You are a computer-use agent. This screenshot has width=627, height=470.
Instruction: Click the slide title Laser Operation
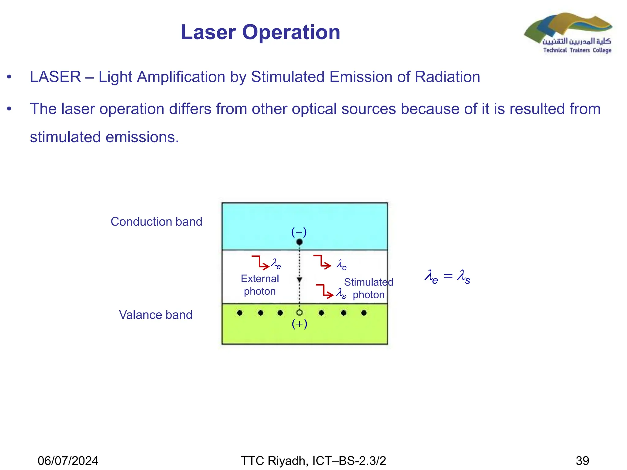click(260, 32)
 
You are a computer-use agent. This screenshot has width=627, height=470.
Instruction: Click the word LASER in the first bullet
click(55, 77)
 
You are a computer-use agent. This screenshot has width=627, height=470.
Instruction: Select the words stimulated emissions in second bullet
click(104, 137)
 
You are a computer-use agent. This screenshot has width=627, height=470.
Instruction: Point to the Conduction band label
click(156, 222)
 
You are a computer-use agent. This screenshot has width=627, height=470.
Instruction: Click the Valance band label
click(156, 315)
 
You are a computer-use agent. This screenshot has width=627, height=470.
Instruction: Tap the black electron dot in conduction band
click(299, 242)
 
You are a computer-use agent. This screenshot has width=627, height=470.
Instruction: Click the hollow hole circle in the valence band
click(299, 312)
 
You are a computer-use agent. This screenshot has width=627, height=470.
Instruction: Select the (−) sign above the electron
click(299, 232)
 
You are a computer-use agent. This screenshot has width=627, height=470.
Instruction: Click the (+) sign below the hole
click(299, 324)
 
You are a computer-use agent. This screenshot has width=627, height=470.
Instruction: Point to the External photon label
click(260, 285)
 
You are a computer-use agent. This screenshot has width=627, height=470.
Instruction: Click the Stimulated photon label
click(368, 288)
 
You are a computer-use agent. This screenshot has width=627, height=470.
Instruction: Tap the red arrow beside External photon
click(260, 263)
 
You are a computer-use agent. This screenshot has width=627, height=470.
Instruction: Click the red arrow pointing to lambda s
click(325, 291)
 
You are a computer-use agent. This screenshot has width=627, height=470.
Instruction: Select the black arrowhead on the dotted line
click(299, 280)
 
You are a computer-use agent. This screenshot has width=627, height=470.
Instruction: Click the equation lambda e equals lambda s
click(447, 276)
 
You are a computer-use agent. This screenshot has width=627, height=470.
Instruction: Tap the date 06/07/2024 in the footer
click(68, 461)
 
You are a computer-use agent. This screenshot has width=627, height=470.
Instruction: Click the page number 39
click(582, 461)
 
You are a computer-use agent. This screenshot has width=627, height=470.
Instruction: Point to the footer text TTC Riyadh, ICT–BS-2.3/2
click(313, 461)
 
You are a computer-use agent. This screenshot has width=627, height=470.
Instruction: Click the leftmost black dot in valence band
click(240, 313)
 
